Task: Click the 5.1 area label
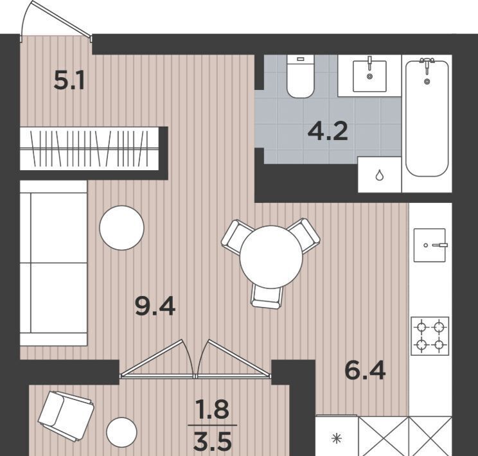click(x=69, y=81)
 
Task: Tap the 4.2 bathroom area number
click(x=328, y=132)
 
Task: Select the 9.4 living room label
click(x=155, y=306)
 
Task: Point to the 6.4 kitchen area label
click(x=365, y=370)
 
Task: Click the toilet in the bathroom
click(x=300, y=76)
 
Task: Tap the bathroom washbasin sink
click(x=369, y=76)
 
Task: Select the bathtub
click(x=427, y=118)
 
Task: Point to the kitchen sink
click(x=430, y=245)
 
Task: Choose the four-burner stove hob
click(x=430, y=336)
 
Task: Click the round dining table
click(x=270, y=257)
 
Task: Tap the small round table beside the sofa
click(x=121, y=228)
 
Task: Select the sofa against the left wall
click(x=54, y=263)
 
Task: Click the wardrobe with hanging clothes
click(x=89, y=148)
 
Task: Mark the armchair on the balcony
click(x=66, y=416)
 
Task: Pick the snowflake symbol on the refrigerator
click(x=337, y=439)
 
